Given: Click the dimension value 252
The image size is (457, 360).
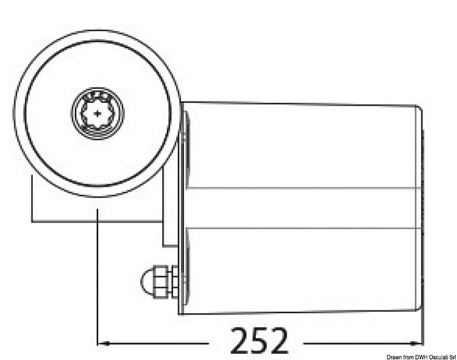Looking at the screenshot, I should (260, 341).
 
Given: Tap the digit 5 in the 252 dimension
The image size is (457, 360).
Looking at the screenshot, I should (260, 341).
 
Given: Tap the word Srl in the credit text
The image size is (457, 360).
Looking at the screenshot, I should (447, 355).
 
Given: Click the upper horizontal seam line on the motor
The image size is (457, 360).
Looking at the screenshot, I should (300, 188).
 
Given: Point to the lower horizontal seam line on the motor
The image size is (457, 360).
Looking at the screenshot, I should (300, 229).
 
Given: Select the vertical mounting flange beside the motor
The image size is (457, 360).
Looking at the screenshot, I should (183, 207).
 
